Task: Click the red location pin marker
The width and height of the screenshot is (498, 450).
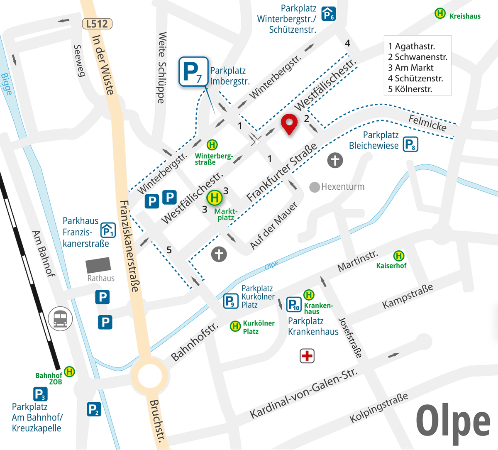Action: pyautogui.click(x=289, y=125)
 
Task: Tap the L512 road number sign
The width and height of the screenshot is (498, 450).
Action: pyautogui.click(x=97, y=24)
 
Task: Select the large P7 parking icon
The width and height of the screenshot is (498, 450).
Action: pyautogui.click(x=193, y=72)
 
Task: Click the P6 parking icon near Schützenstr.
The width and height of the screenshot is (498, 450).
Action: pyautogui.click(x=329, y=14)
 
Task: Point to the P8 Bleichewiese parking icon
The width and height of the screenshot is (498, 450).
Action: pyautogui.click(x=410, y=144)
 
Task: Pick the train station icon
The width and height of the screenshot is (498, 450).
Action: pyautogui.click(x=60, y=319)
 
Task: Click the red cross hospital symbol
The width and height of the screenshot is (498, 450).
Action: pyautogui.click(x=307, y=356)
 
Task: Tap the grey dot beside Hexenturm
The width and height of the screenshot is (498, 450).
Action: pyautogui.click(x=315, y=187)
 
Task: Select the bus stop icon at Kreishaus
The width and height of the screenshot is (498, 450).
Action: pyautogui.click(x=440, y=13)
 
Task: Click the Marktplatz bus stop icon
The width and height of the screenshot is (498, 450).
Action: pyautogui.click(x=215, y=198)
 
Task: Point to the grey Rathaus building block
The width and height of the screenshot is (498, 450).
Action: pyautogui.click(x=98, y=265)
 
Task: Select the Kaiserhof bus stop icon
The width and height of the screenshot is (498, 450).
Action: pyautogui.click(x=399, y=256)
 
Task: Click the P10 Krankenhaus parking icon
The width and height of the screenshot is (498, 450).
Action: pyautogui.click(x=294, y=305)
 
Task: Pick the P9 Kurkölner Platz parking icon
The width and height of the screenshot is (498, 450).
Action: pyautogui.click(x=231, y=301)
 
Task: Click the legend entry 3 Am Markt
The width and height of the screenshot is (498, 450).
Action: pyautogui.click(x=411, y=68)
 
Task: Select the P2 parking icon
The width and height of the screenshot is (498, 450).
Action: pyautogui.click(x=94, y=409)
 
